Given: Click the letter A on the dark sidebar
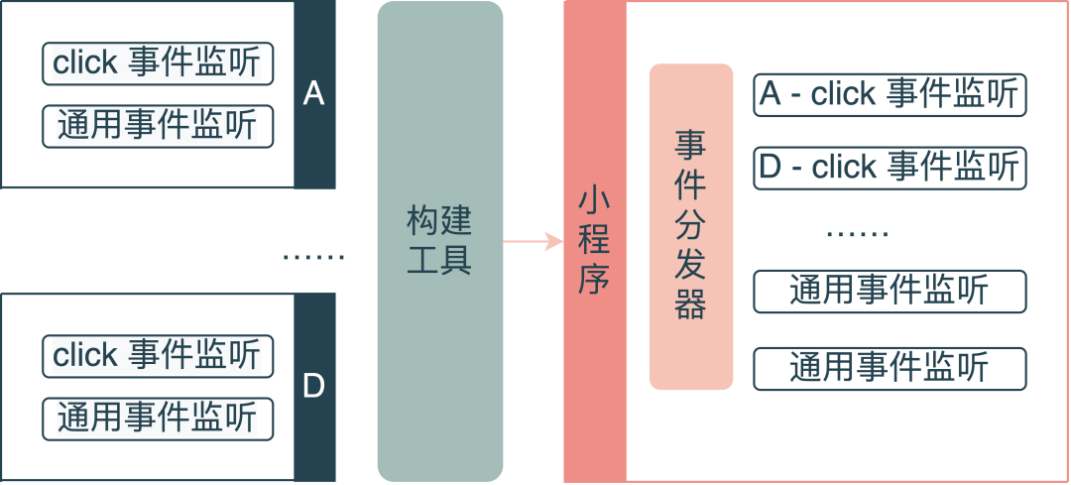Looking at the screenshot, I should click(x=313, y=94).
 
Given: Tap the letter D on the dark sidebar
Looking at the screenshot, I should click(x=313, y=386).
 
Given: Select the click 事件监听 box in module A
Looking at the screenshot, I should click(x=158, y=63).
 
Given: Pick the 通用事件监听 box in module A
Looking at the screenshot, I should click(x=158, y=126).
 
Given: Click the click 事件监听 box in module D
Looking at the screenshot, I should click(x=158, y=355).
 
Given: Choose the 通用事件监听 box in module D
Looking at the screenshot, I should click(x=158, y=418).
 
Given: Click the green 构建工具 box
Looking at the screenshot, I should click(x=439, y=241).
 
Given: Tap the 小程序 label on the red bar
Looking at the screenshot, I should click(x=593, y=241).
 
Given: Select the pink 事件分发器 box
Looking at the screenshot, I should click(x=691, y=226).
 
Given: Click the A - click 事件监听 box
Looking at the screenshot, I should click(x=889, y=94).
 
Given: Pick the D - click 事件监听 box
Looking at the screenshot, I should click(x=889, y=167).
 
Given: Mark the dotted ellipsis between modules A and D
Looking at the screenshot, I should click(x=313, y=258).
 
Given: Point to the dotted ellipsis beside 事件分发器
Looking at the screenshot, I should click(x=858, y=236).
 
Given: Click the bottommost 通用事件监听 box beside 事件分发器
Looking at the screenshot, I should click(x=889, y=368).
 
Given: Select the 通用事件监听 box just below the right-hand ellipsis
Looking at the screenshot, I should click(x=889, y=291).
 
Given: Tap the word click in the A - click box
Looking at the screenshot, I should click(x=843, y=94).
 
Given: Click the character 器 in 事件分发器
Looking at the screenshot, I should click(x=691, y=304).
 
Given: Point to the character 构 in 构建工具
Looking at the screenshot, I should click(x=422, y=220).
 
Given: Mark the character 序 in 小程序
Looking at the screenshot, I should click(x=593, y=281).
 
